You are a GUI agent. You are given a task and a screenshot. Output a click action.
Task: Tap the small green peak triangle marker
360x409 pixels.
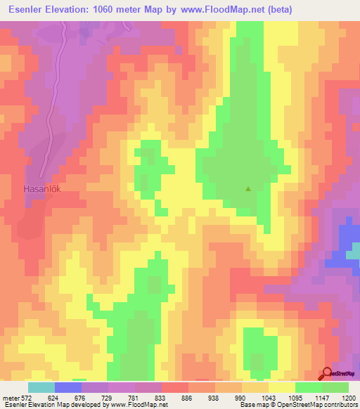pyautogui.click(x=247, y=189)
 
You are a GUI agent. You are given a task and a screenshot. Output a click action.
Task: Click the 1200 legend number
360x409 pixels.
pyautogui.click(x=349, y=398)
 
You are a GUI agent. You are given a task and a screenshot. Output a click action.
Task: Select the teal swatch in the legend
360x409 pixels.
pyautogui.click(x=41, y=387)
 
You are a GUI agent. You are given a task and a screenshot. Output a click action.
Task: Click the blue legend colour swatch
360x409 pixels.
pyautogui.click(x=68, y=387)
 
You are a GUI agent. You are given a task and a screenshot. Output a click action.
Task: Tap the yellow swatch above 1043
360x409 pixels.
pyautogui.click(x=282, y=387)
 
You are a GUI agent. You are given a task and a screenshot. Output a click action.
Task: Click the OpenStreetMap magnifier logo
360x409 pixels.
pyautogui.click(x=328, y=375)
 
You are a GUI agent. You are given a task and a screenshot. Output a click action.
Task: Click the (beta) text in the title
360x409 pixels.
pyautogui.click(x=274, y=9)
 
